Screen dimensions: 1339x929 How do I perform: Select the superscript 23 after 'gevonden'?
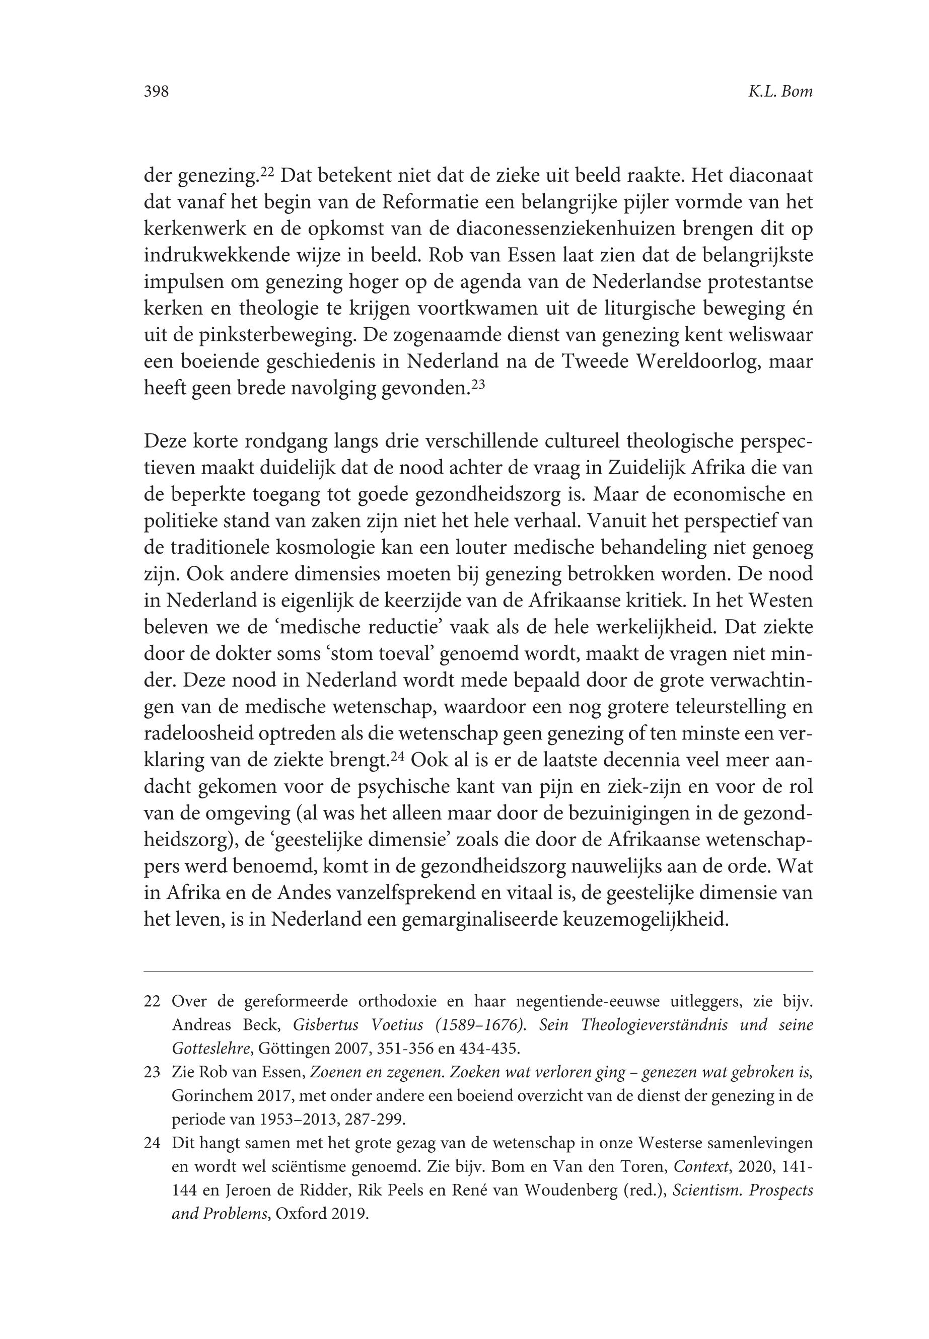pyautogui.click(x=477, y=385)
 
